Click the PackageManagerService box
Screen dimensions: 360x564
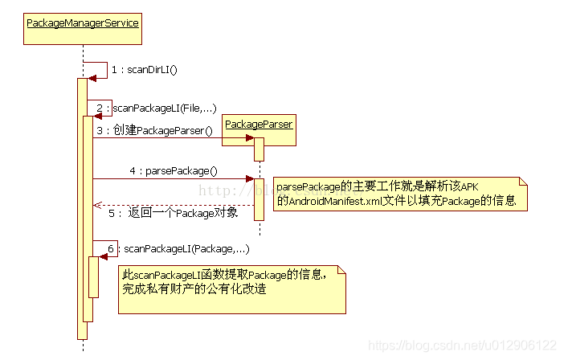pyautogui.click(x=83, y=22)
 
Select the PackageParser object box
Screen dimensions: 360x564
pyautogui.click(x=259, y=125)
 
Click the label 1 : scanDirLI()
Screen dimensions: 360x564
pyautogui.click(x=145, y=70)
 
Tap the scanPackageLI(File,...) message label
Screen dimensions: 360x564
pyautogui.click(x=165, y=108)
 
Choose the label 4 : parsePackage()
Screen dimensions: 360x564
pyautogui.click(x=174, y=171)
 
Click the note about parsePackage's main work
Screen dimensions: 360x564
pyautogui.click(x=400, y=194)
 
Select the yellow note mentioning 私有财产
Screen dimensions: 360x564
pyautogui.click(x=232, y=288)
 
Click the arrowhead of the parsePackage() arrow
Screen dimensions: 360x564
pyautogui.click(x=250, y=179)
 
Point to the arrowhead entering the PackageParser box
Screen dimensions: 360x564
pyautogui.click(x=250, y=138)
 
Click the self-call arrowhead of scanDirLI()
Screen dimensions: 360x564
pyautogui.click(x=92, y=78)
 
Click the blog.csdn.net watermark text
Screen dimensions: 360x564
pyautogui.click(x=462, y=345)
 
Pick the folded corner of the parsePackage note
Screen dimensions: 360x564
pyautogui.click(x=522, y=182)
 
